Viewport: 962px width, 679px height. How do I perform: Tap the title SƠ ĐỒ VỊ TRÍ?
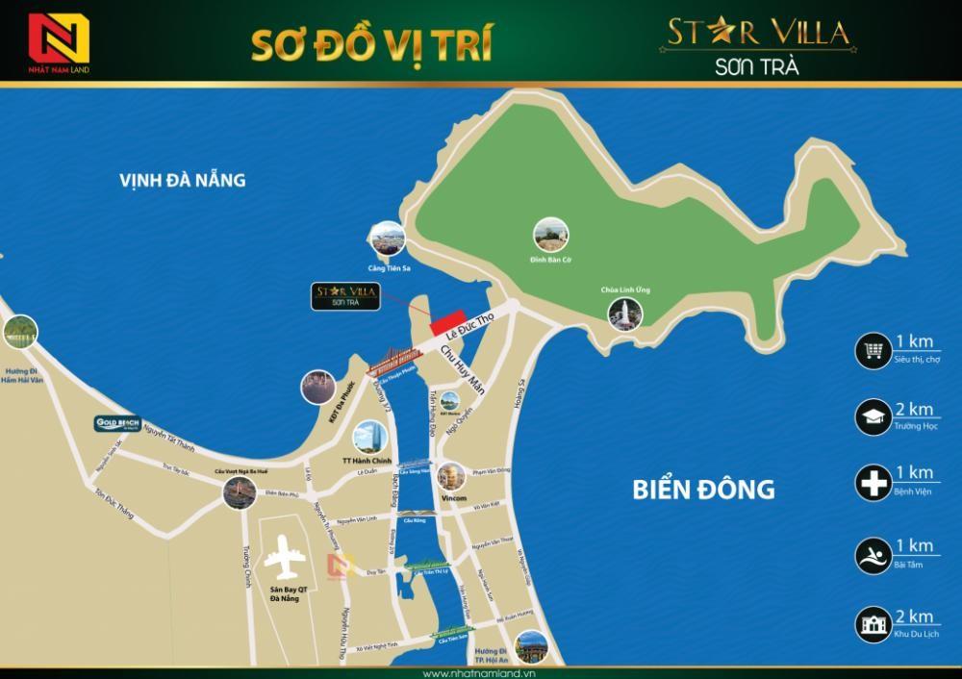pos(372,44)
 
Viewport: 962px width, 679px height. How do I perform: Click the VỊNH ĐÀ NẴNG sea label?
pos(183,180)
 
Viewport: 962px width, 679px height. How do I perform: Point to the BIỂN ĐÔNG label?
pos(703,489)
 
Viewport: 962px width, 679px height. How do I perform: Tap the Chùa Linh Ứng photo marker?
pos(623,313)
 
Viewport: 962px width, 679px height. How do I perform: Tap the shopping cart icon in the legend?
pos(873,352)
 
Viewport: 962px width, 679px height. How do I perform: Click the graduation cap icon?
pos(873,416)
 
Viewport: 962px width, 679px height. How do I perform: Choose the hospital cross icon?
pos(873,484)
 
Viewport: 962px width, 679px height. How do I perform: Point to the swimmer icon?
pos(873,556)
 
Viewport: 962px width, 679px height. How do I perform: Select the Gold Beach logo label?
pos(118,422)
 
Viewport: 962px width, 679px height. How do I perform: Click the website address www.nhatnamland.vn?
pos(481,671)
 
